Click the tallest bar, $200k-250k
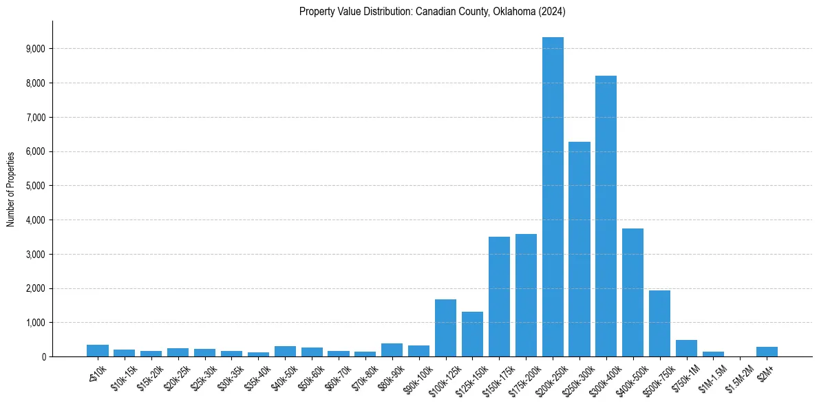[x=553, y=200]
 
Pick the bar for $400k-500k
[x=632, y=292]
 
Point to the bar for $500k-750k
[x=659, y=323]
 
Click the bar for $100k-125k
[x=445, y=328]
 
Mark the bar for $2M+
[x=767, y=352]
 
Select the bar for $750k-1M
[x=686, y=348]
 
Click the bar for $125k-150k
[x=472, y=334]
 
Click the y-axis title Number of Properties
[x=10, y=189]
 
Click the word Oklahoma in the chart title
[x=511, y=12]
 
